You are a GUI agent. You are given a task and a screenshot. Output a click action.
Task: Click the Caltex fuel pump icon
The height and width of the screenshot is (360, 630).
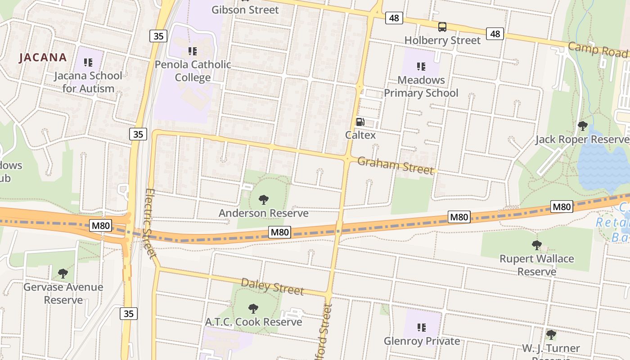(x=360, y=121)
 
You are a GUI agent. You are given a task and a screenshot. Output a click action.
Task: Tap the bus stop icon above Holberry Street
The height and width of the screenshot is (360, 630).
(x=442, y=27)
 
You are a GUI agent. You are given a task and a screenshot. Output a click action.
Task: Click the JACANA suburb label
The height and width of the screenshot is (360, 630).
(x=43, y=58)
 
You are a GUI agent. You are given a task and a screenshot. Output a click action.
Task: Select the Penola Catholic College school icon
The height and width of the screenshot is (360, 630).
(x=193, y=51)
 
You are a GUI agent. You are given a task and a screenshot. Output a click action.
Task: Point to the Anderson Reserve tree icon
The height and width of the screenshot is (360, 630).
(x=264, y=200)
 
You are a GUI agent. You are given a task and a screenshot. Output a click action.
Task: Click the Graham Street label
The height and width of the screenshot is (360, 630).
(x=396, y=165)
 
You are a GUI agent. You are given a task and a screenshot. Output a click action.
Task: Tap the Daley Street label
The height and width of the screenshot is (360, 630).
(x=272, y=287)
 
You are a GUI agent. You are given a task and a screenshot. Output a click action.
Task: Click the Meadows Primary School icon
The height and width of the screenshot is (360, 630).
(x=421, y=67)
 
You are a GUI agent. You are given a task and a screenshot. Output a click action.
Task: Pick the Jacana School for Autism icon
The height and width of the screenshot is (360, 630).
(x=88, y=63)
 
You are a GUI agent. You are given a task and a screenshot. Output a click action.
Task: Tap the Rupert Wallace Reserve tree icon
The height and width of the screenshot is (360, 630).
(x=536, y=245)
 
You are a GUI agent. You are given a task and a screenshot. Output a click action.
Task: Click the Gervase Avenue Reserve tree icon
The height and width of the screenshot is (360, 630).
(x=63, y=274)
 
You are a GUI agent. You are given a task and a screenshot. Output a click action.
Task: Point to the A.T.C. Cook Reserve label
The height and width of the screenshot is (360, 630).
(x=253, y=322)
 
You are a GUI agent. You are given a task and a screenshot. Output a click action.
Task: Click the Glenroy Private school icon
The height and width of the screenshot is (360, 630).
(x=421, y=328)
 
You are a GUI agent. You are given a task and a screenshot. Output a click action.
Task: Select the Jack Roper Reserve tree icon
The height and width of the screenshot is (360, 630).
(x=582, y=126)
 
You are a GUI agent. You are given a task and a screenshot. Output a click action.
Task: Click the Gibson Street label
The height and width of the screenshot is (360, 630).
(x=245, y=10)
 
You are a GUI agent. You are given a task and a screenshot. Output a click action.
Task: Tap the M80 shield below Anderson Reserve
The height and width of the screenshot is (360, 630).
(x=279, y=232)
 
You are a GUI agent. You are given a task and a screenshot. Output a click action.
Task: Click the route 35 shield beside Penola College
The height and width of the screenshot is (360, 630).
(x=158, y=36)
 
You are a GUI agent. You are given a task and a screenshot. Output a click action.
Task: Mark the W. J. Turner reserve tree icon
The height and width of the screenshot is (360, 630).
(x=551, y=335)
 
